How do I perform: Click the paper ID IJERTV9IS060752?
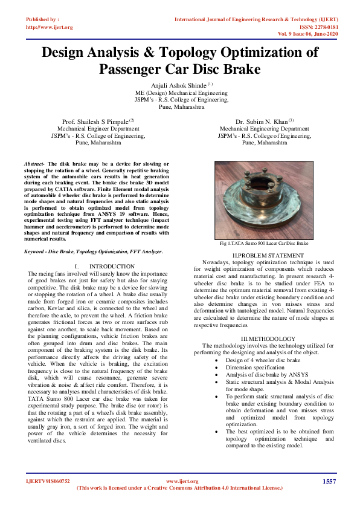48,481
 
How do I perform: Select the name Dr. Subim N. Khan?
263,122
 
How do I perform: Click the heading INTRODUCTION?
111,267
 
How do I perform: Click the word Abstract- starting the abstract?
34,164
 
